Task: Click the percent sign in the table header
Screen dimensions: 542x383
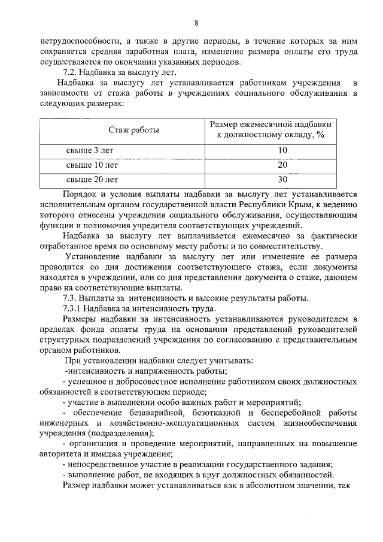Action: [x=320, y=135]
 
